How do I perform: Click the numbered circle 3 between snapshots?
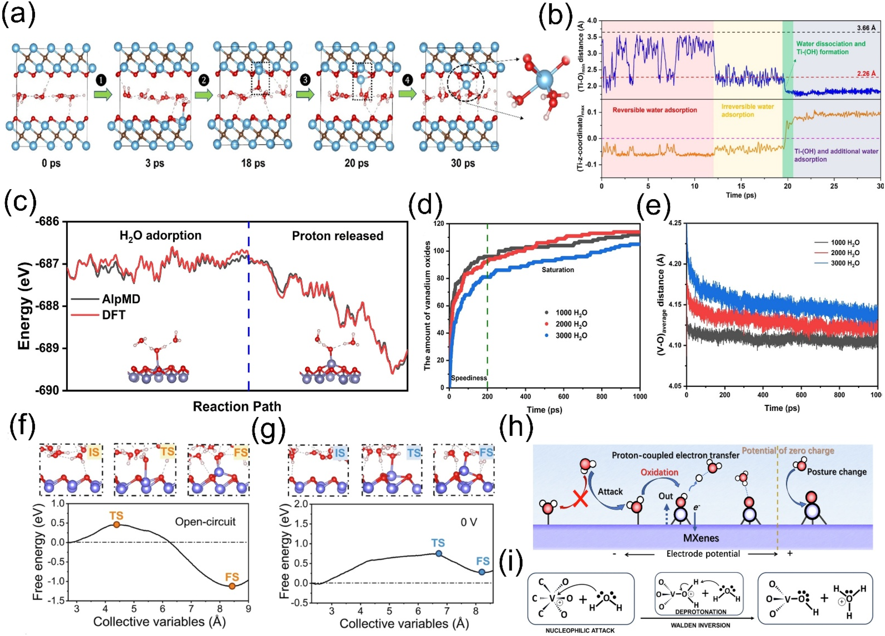coord(305,80)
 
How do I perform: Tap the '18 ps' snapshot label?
coord(253,163)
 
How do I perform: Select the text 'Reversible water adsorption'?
coord(654,110)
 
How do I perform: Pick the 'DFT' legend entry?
coord(114,315)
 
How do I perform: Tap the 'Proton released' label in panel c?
coord(337,236)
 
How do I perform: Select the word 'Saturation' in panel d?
coord(558,270)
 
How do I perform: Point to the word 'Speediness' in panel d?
coord(469,378)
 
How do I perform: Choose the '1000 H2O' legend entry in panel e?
coord(845,242)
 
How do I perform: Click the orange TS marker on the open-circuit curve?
coord(116,525)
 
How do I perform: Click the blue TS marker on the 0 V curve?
coord(439,553)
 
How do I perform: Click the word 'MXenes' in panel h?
coord(701,538)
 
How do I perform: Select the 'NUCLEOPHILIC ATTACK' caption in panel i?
coord(580,630)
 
